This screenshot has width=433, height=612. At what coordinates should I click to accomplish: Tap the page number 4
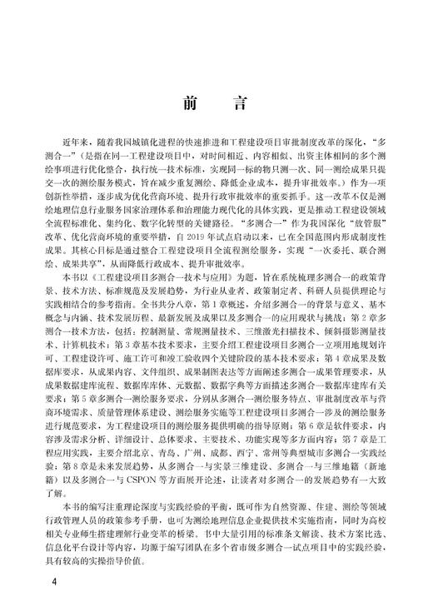coord(53,580)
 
